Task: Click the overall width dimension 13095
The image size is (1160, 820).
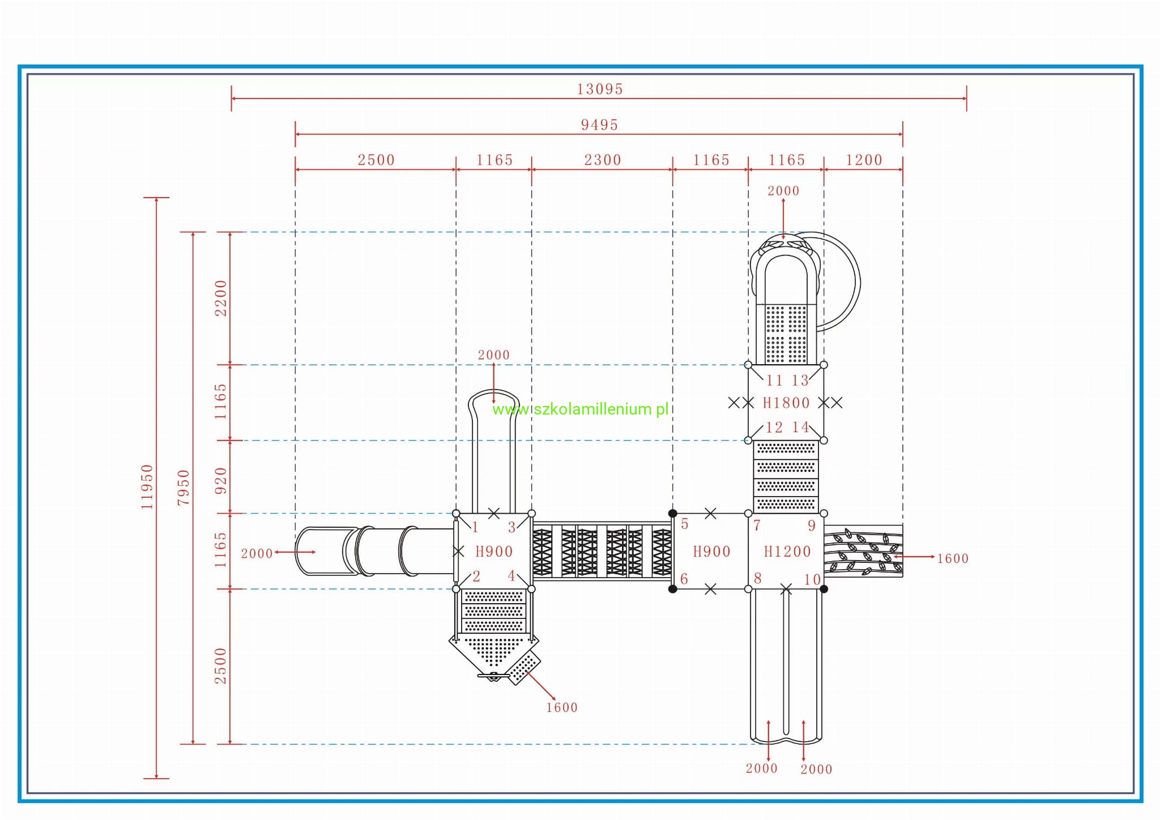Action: tap(599, 89)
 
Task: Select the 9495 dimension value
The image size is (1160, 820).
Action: tap(599, 125)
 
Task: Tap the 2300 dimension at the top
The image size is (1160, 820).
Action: tap(603, 160)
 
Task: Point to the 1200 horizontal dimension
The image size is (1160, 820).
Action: tap(864, 160)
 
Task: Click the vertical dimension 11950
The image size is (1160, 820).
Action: tap(147, 486)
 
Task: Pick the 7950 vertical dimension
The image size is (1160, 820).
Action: tap(184, 487)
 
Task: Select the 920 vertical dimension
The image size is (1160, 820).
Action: tap(220, 480)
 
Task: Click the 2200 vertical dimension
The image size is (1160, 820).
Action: tap(220, 298)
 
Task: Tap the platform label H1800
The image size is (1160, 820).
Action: tap(786, 403)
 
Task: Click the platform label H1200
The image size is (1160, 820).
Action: tap(787, 551)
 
